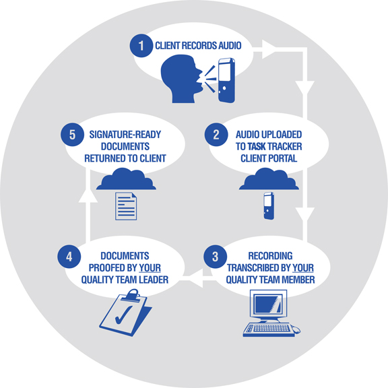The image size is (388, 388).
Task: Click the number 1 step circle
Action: tap(141, 46)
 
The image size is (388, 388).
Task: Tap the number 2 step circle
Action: tap(216, 135)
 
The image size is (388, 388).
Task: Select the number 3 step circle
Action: tap(216, 257)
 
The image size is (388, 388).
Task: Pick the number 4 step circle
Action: tap(69, 257)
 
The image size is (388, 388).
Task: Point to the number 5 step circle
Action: tap(72, 135)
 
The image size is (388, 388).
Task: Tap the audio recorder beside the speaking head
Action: tap(226, 80)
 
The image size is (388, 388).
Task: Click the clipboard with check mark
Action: tap(125, 313)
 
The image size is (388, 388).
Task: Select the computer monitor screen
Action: tap(269, 304)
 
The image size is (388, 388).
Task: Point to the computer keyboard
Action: tap(269, 329)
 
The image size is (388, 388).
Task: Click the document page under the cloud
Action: tap(126, 206)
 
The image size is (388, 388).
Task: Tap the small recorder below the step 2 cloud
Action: tap(269, 206)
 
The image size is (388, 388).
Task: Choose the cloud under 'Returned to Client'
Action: tap(126, 179)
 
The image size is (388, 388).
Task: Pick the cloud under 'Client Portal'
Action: tap(269, 179)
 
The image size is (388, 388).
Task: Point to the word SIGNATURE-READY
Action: tap(125, 135)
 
